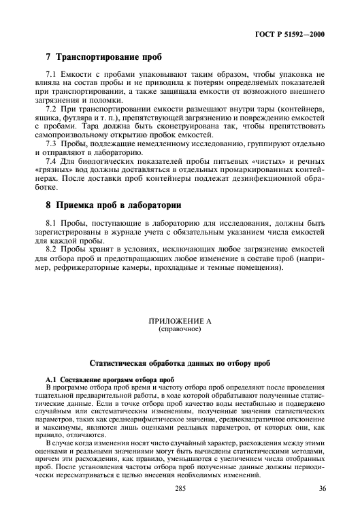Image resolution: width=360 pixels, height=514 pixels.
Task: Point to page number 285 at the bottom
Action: click(180, 487)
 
